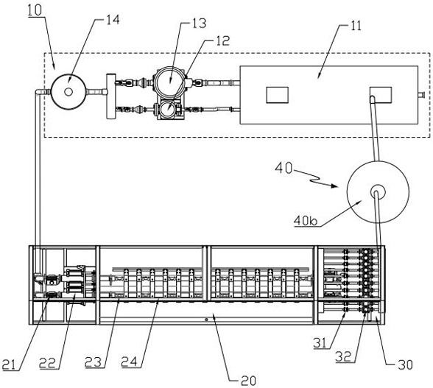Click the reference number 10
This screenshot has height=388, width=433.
[35, 10]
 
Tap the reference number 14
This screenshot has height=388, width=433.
[113, 20]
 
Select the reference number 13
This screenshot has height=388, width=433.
[200, 24]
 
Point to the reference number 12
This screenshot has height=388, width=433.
[222, 40]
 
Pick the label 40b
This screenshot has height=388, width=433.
[306, 220]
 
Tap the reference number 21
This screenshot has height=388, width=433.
[9, 364]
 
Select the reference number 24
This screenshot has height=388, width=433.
[130, 361]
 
